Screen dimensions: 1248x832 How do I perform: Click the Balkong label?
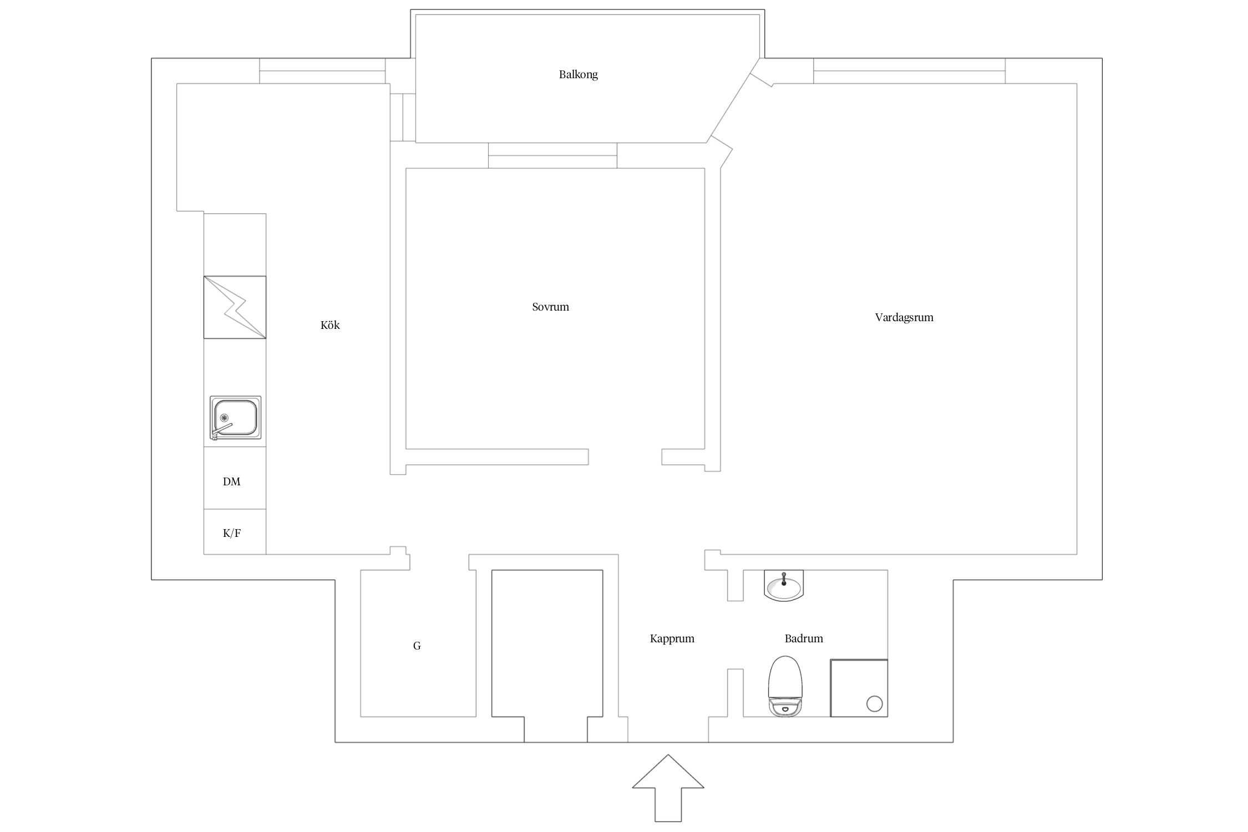tap(578, 75)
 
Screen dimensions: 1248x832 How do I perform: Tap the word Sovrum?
tap(550, 307)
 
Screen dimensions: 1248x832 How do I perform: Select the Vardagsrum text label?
tap(904, 318)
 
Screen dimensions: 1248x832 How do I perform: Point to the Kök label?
tap(330, 325)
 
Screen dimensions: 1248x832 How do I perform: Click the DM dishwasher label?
tap(232, 481)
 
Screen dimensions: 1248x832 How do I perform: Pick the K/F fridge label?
tap(232, 533)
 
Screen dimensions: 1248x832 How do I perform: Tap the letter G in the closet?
tap(417, 646)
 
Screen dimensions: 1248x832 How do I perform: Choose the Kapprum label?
tap(672, 638)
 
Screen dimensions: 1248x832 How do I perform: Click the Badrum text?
tap(804, 638)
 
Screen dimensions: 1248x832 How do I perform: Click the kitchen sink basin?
tap(236, 418)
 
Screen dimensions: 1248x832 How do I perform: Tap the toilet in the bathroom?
tap(785, 686)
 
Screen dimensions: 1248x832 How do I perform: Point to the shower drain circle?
tap(875, 704)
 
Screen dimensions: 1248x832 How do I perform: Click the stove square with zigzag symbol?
tap(235, 307)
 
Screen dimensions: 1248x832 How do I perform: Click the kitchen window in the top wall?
tap(322, 71)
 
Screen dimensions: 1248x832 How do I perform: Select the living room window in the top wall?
tap(909, 71)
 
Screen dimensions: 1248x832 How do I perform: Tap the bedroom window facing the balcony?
tap(553, 155)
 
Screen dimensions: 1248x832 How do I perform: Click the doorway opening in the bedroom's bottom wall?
tap(625, 456)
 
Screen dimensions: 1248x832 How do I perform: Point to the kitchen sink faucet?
tap(221, 430)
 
